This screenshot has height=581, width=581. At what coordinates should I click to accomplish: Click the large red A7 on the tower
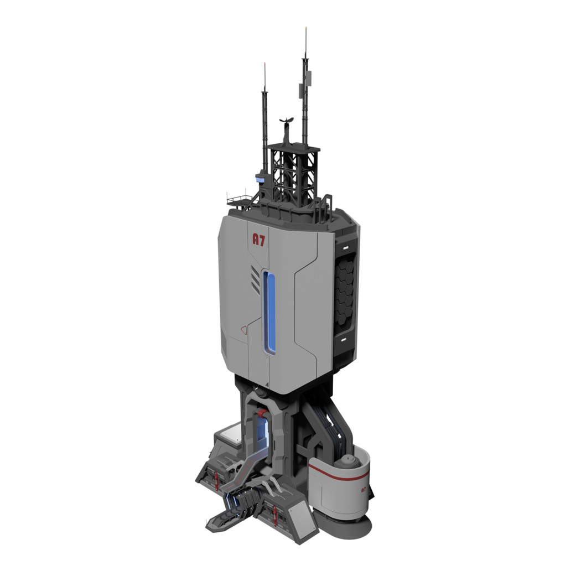pyautogui.click(x=258, y=240)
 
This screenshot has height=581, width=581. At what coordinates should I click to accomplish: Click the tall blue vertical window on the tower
pyautogui.click(x=269, y=312)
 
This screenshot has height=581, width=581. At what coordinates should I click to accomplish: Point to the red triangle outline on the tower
pyautogui.click(x=244, y=330)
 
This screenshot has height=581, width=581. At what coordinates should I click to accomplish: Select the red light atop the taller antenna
pyautogui.click(x=305, y=29)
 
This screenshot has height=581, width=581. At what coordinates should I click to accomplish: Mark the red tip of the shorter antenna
pyautogui.click(x=264, y=64)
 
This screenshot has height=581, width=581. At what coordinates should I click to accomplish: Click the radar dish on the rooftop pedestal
pyautogui.click(x=287, y=120)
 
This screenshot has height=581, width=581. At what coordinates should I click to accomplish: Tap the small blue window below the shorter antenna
pyautogui.click(x=260, y=180)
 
